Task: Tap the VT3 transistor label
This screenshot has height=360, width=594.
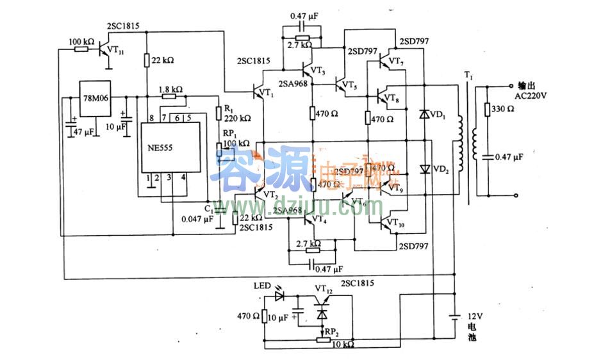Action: coord(318,70)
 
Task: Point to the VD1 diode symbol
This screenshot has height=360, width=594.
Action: coord(424,115)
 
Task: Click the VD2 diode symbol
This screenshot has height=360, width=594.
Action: coord(424,169)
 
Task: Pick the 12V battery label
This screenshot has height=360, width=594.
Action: coord(473,317)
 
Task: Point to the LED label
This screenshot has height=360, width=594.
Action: coord(263,286)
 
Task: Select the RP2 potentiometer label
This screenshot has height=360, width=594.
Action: coord(333,332)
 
